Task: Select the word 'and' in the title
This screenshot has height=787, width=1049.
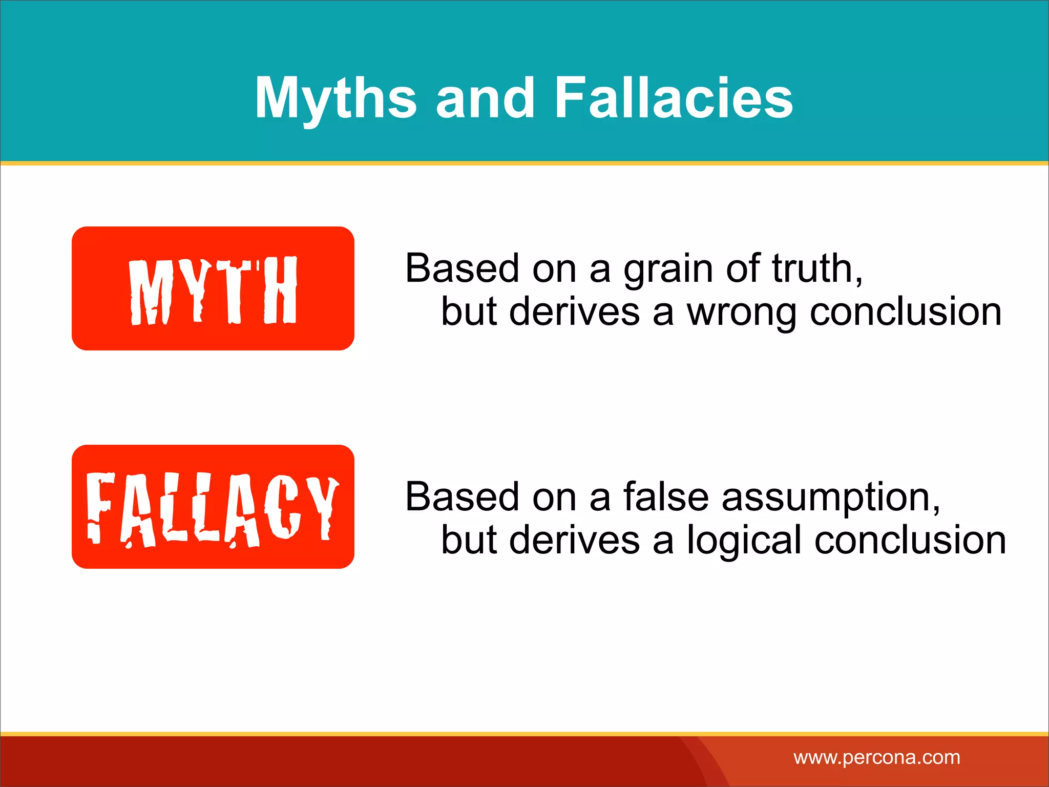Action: point(485,97)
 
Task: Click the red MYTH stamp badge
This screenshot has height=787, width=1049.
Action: point(213,288)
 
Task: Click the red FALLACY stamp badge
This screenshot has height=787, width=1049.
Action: point(213,507)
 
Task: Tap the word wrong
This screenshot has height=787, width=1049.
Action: point(741,313)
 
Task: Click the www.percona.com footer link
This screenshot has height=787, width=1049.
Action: point(876,757)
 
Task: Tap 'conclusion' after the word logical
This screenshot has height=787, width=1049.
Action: point(910,541)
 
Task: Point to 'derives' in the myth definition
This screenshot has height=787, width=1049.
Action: point(575,312)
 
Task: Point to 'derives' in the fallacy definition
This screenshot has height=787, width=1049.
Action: point(575,541)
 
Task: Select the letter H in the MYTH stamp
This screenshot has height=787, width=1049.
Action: point(280,290)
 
